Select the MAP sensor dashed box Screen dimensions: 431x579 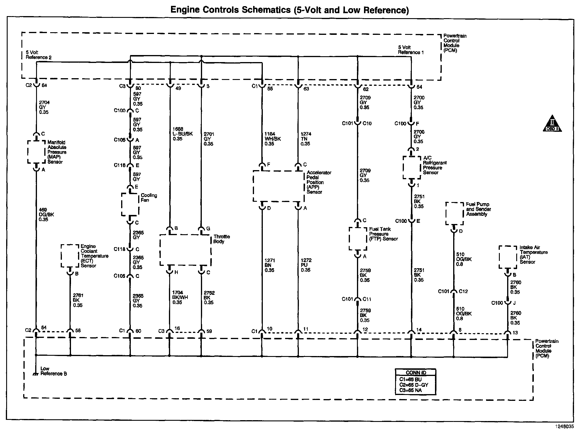[37, 152]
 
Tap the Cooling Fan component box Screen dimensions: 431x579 [130, 204]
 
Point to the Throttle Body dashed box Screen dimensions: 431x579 [185, 250]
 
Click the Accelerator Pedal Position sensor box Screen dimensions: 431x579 [278, 187]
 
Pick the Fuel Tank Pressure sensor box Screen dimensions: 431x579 [358, 239]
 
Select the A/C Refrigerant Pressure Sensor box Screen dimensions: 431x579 [412, 167]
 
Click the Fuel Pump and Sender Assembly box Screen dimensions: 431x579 [454, 213]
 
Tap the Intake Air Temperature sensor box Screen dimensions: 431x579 [508, 257]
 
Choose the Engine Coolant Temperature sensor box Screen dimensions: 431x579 [70, 256]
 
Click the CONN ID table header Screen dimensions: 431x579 [416, 373]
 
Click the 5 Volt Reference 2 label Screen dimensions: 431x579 [38, 55]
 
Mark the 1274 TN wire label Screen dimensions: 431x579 [306, 139]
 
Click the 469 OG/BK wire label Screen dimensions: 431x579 [46, 214]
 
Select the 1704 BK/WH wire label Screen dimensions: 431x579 [180, 297]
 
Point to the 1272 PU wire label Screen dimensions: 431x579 [306, 265]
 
